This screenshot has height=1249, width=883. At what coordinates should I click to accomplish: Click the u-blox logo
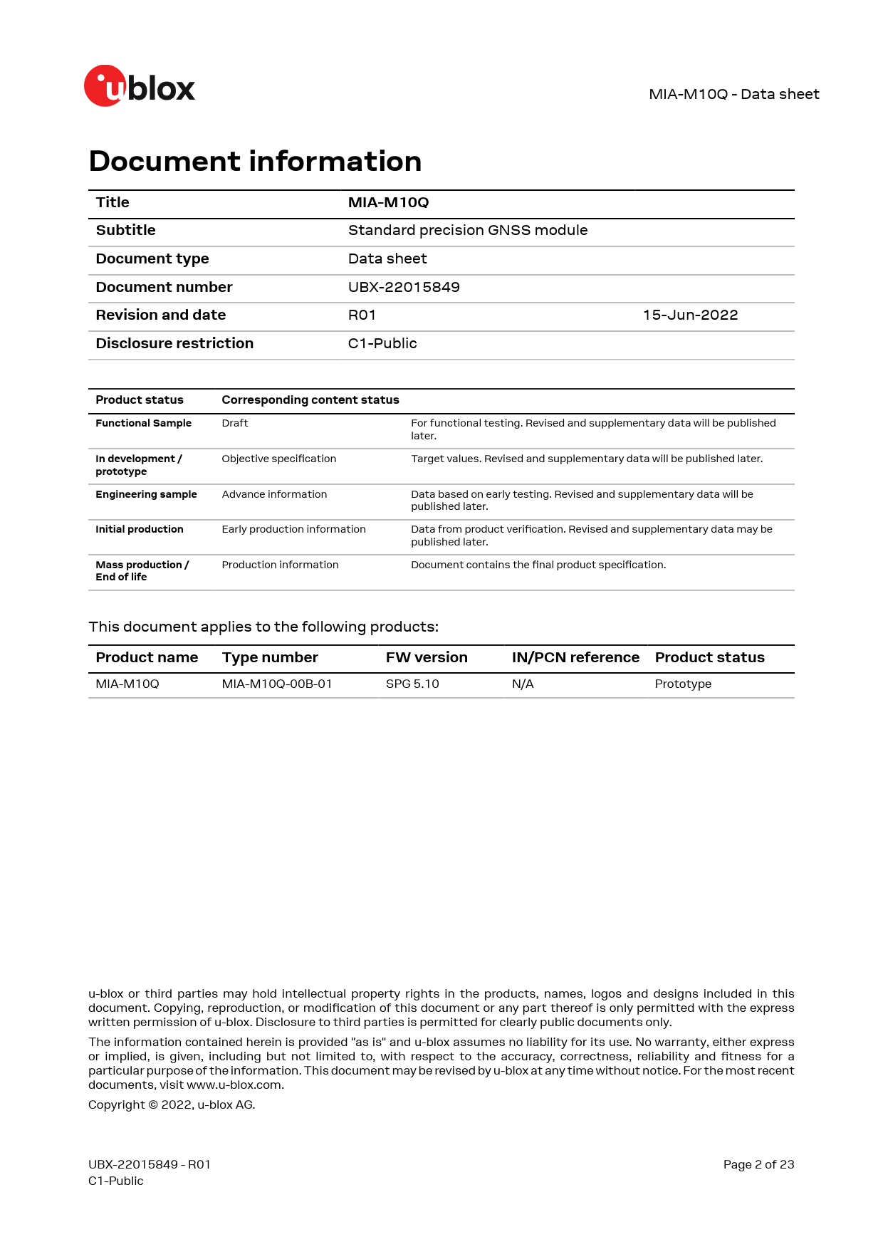[x=140, y=86]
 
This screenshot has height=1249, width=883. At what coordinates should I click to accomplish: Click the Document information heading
[x=255, y=162]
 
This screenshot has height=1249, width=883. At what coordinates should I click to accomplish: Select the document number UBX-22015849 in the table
[x=404, y=287]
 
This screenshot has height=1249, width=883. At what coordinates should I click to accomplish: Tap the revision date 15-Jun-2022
[x=690, y=315]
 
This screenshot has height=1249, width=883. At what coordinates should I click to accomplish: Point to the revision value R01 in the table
[x=362, y=315]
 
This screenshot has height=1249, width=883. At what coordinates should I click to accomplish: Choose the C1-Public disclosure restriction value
[x=382, y=343]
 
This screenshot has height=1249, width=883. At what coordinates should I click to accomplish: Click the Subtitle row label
[x=126, y=230]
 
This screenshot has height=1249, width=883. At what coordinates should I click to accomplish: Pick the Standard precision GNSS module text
[x=468, y=230]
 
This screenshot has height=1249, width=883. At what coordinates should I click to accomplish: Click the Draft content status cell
[x=235, y=423]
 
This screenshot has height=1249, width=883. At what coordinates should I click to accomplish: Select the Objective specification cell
[x=278, y=459]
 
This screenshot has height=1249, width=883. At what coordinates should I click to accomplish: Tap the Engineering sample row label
[x=146, y=494]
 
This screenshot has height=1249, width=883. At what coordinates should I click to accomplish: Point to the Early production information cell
[x=293, y=529]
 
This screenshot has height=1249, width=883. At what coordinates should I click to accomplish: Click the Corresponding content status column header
[x=310, y=400]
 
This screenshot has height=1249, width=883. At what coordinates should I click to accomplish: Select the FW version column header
[x=427, y=657]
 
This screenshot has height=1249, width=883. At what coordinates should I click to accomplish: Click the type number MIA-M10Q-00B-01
[x=277, y=684]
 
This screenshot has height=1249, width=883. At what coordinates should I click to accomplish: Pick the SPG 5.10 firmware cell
[x=412, y=684]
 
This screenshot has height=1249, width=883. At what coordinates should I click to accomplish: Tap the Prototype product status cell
[x=683, y=684]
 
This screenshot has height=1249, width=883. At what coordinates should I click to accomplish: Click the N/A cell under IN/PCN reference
[x=523, y=684]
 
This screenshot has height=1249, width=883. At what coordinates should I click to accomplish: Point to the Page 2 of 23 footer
[x=758, y=1164]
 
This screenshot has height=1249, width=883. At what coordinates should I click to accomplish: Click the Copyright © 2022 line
[x=172, y=1104]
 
